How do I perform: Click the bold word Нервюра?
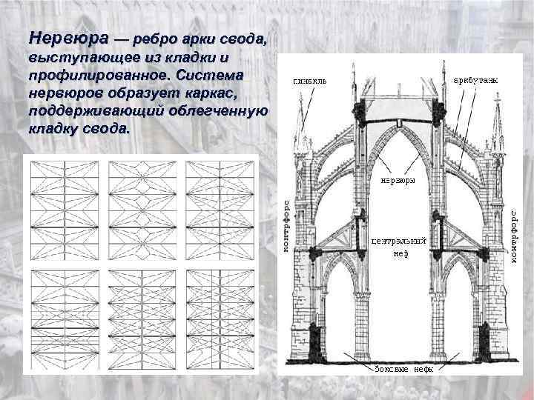[67, 37]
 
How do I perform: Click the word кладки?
[190, 58]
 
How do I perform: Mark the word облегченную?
[216, 112]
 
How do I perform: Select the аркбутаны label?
[475, 79]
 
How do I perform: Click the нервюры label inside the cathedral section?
[398, 180]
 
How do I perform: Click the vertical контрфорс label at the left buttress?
[286, 227]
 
